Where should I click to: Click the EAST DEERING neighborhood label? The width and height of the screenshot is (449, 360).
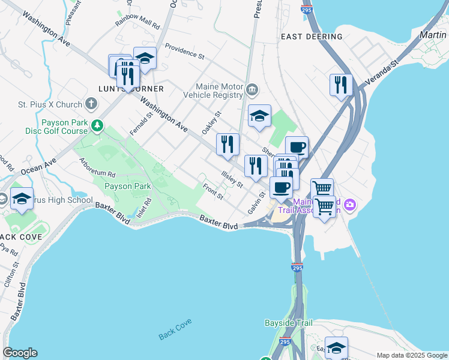click(x=312, y=37)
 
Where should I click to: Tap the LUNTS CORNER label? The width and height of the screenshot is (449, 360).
click(x=131, y=89)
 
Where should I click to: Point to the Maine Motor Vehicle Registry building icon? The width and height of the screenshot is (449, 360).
click(x=252, y=90)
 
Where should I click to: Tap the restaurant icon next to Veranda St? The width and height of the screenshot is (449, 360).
click(x=340, y=85)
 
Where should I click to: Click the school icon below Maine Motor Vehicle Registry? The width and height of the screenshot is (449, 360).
click(x=259, y=116)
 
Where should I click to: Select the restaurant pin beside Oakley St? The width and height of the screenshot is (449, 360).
click(x=228, y=145)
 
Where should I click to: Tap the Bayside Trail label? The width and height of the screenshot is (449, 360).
click(x=289, y=323)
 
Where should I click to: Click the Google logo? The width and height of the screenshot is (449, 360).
click(x=20, y=353)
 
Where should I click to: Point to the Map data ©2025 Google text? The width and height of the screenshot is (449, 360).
click(x=412, y=355)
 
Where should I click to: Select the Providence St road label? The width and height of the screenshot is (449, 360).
click(x=185, y=52)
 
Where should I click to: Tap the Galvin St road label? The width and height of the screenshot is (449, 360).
click(x=256, y=203)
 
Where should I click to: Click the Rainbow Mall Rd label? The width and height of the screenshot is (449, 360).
click(x=138, y=26)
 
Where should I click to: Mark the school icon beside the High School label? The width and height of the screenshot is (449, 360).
click(x=22, y=199)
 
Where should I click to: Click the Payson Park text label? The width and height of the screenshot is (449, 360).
click(x=128, y=186)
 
